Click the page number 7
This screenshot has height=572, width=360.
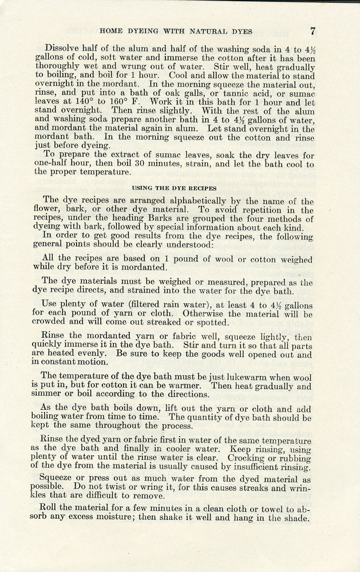(x=313, y=31)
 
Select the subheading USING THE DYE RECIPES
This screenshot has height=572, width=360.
(x=175, y=188)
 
